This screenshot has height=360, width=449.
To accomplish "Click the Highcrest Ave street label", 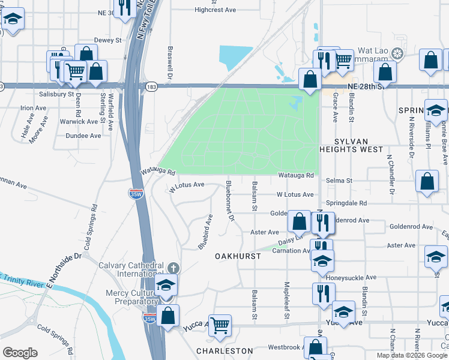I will pyautogui.click(x=215, y=10).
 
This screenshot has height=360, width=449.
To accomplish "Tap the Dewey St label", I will pyautogui.click(x=108, y=40).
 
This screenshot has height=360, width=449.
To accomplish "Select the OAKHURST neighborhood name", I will pyautogui.click(x=238, y=256).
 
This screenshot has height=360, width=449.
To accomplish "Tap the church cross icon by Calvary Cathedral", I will pyautogui.click(x=173, y=268).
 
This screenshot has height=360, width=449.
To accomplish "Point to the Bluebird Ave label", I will pyautogui.click(x=205, y=232).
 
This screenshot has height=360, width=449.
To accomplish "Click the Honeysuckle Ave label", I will pyautogui.click(x=351, y=278).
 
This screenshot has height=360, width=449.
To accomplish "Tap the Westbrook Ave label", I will pyautogui.click(x=283, y=347).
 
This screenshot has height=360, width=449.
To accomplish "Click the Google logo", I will pyautogui.click(x=20, y=352).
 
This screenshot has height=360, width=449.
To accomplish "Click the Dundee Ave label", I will pyautogui.click(x=83, y=136).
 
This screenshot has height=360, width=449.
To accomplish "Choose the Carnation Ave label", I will pyautogui.click(x=283, y=251).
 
